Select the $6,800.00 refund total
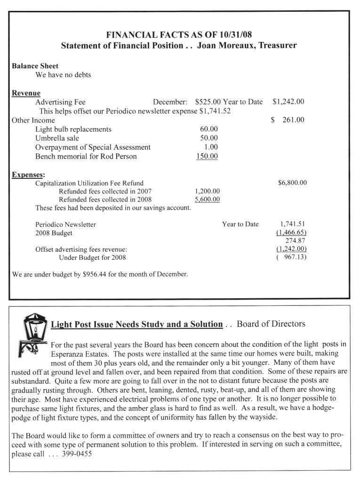[292, 183]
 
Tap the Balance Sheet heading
[35, 66]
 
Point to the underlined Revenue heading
[26, 93]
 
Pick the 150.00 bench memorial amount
[207, 156]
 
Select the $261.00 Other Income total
[288, 120]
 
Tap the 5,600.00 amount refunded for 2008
[207, 200]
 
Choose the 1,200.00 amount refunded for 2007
[207, 191]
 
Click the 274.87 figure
[296, 240]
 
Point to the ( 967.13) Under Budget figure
[292, 257]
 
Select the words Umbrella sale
[57, 138]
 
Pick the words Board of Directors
[271, 324]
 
